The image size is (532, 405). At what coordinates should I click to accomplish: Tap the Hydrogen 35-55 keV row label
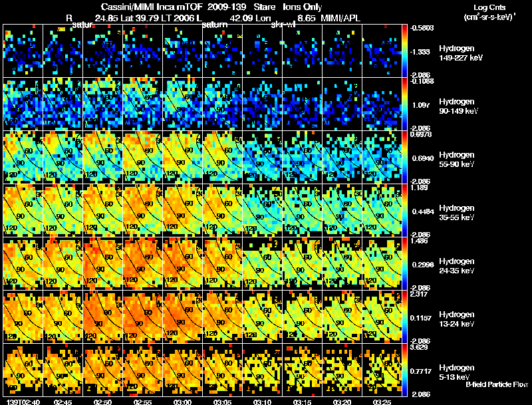458,213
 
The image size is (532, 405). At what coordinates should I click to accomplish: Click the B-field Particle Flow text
497,384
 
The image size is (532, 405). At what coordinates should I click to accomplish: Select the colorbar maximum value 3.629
420,346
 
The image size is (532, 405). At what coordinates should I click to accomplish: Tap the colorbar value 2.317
420,293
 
